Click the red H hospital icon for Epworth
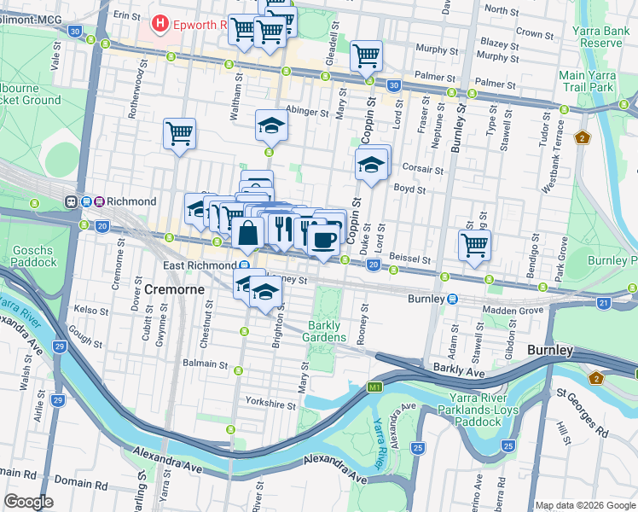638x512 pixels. (x=158, y=25)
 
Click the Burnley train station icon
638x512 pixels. (x=453, y=300)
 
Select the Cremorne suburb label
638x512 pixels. (x=174, y=289)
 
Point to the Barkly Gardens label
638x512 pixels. (x=323, y=331)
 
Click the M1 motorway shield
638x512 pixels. (x=374, y=388)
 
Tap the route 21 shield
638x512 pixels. (x=604, y=303)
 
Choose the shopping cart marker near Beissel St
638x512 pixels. (x=474, y=245)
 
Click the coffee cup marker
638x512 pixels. (x=322, y=239)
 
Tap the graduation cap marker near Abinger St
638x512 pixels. (x=271, y=125)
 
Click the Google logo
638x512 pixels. (x=29, y=502)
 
